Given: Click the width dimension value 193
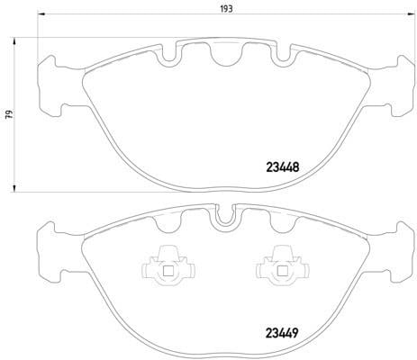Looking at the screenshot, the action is pos(227,9).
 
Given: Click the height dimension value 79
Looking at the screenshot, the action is pos(10,114).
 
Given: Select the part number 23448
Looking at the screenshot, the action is pos(283,167).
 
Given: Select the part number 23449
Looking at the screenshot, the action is pos(282,333).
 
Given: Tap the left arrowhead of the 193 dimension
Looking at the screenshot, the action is pos(41,13).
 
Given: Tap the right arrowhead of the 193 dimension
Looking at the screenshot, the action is pos(411,13).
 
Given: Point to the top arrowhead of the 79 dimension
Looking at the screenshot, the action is pos(14,41).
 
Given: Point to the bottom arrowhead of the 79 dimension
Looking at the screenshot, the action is pos(14,188).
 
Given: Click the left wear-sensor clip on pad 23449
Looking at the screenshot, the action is pos(168,265).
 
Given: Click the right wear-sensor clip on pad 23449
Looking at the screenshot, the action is pos(282,265).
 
